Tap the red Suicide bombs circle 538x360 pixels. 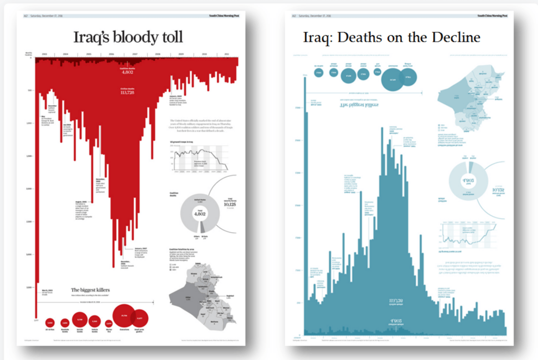click(x=79, y=319)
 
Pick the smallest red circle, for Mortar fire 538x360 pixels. click(x=109, y=323)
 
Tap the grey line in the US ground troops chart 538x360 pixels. click(x=200, y=155)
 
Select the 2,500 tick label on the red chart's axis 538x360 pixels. click(x=28, y=221)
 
